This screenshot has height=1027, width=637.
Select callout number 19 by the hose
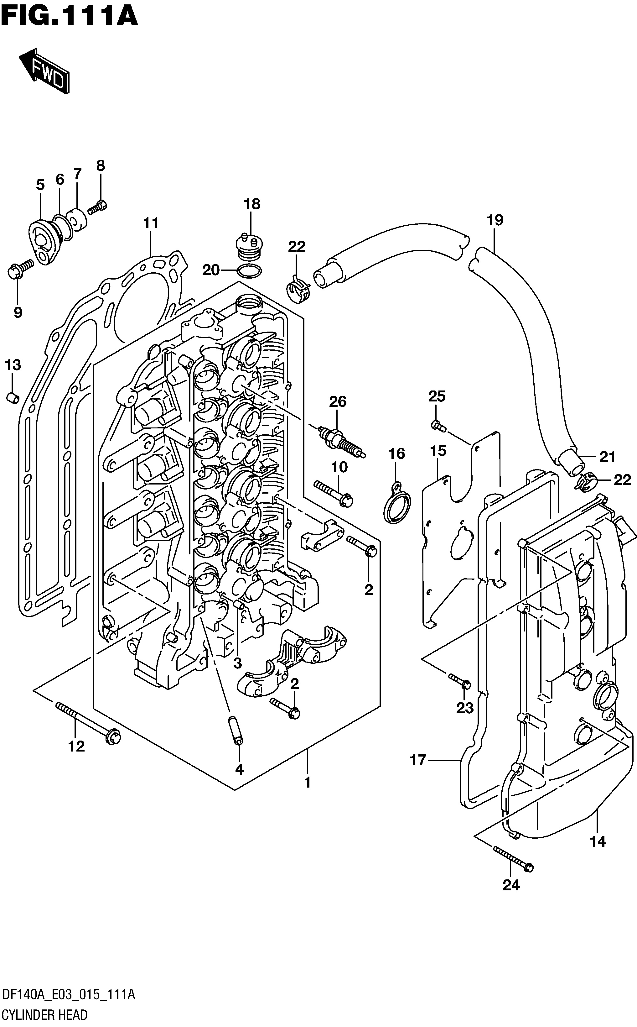pos(495,220)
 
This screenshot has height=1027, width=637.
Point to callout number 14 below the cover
pos(598,841)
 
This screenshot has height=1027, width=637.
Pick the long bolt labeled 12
pos(88,723)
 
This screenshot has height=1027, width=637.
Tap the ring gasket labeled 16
pos(396,504)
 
